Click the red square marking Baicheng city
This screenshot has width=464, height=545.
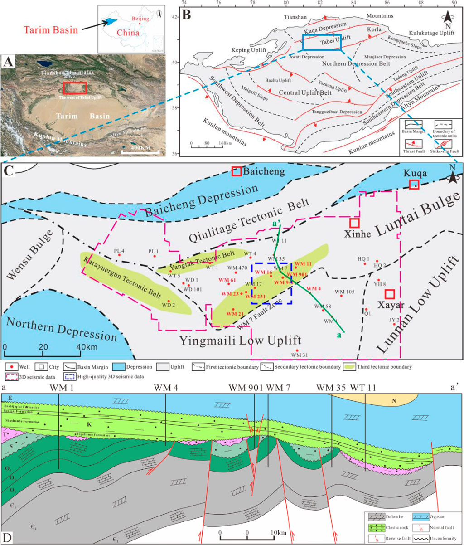point(236,171)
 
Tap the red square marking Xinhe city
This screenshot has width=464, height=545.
point(354,223)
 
